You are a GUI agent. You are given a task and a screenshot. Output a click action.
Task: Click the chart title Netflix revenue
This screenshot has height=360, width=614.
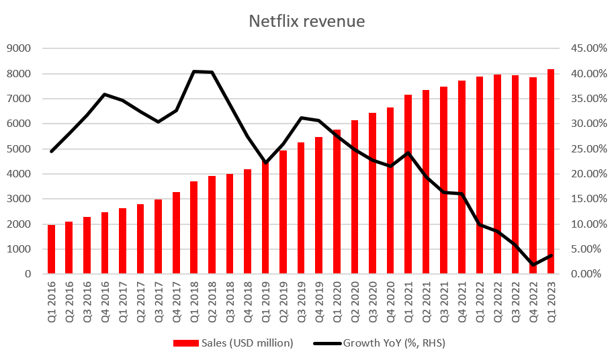pyautogui.click(x=307, y=21)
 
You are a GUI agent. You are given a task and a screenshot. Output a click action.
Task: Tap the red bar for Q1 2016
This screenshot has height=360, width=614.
pyautogui.click(x=52, y=250)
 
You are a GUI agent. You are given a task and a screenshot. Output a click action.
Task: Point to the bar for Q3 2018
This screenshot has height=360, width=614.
pyautogui.click(x=230, y=224)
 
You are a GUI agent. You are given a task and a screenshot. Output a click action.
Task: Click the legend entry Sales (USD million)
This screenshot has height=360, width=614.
pyautogui.click(x=233, y=343)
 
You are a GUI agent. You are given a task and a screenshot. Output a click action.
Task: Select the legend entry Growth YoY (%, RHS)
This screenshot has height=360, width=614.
pyautogui.click(x=380, y=343)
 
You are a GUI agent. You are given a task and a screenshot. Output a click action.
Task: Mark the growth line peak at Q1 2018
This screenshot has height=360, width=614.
pyautogui.click(x=194, y=71)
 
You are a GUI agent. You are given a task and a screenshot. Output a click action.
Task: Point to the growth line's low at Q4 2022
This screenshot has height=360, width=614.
pyautogui.click(x=533, y=265)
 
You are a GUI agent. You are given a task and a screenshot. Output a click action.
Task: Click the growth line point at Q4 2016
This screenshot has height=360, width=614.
pyautogui.click(x=105, y=94)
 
